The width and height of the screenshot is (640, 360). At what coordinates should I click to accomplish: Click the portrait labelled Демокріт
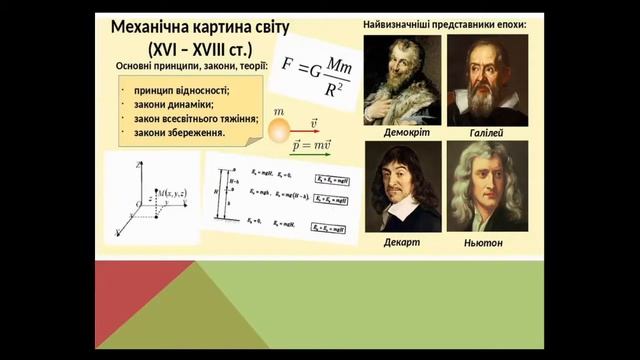(403, 79)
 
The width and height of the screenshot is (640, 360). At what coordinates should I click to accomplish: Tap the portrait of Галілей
(487, 79)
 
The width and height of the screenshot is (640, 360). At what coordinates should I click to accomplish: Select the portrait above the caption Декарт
(403, 186)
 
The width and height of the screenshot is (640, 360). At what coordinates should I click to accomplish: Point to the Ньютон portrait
(487, 186)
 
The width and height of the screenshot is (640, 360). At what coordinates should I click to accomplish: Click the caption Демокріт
(405, 132)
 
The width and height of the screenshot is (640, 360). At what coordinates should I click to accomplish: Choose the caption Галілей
(485, 132)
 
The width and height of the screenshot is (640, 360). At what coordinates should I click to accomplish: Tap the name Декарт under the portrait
(403, 242)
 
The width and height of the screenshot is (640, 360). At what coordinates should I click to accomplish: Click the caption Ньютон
(484, 242)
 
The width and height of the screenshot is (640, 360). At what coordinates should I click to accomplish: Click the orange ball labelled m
(278, 127)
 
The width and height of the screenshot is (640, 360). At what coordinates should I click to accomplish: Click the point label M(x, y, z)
(173, 191)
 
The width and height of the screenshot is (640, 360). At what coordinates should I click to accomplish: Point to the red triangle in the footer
(130, 300)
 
